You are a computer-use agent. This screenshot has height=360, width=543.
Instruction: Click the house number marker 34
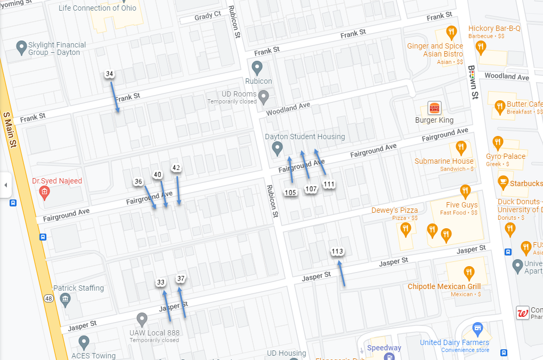[x=110, y=74]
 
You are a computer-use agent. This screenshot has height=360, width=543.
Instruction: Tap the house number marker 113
[x=337, y=252]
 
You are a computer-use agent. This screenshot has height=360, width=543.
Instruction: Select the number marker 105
[x=290, y=193]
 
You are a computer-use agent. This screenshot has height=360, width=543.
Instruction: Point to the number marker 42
[x=176, y=168]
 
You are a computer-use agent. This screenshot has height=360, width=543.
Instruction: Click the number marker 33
[x=161, y=282]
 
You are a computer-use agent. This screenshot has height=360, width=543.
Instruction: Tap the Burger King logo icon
[x=434, y=108]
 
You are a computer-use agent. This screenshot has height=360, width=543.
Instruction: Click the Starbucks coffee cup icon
[x=503, y=183]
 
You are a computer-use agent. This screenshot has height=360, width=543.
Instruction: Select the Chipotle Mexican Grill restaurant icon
[x=468, y=273]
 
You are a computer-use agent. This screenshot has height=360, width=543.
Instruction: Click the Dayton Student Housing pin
[x=277, y=149]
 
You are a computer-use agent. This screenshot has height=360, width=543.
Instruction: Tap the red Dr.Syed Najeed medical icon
[x=45, y=193]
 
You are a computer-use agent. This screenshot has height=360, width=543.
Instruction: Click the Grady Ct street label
[x=207, y=17]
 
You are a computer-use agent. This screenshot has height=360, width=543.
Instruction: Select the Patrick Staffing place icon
[x=65, y=299]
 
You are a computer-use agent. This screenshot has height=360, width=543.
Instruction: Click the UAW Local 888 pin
[x=142, y=319]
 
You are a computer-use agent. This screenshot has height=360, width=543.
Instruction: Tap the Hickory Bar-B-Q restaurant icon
[x=452, y=32]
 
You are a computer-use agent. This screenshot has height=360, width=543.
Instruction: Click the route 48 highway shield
[x=49, y=299]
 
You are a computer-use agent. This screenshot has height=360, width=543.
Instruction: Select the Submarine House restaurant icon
[x=461, y=147]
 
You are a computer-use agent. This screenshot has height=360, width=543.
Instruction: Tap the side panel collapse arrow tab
[x=6, y=185]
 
